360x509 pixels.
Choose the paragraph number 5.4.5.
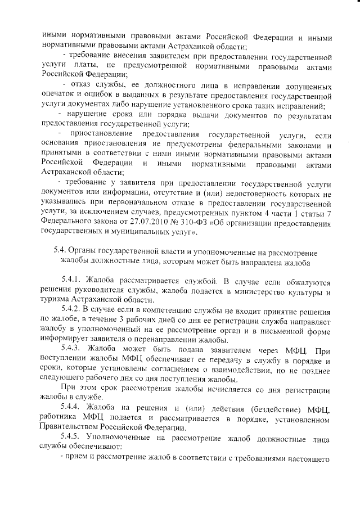click(74, 444)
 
